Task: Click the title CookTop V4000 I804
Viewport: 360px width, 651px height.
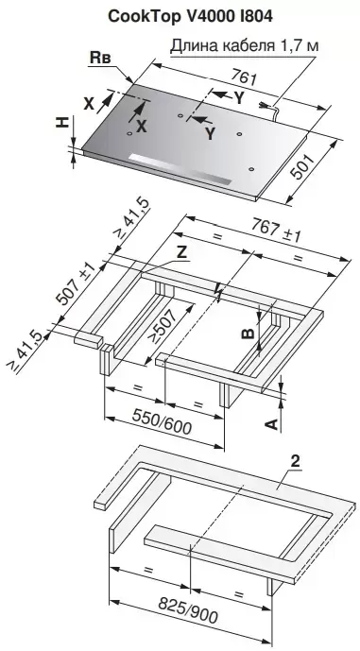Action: [191, 16]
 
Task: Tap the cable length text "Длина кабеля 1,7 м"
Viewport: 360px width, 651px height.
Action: [245, 44]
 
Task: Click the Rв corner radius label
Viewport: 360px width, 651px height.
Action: [101, 59]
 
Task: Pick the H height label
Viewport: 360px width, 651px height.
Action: [62, 122]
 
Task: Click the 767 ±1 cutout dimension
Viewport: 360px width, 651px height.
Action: [276, 231]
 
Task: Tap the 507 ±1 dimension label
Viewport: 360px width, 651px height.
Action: [76, 284]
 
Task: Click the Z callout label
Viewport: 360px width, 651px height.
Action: [181, 252]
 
